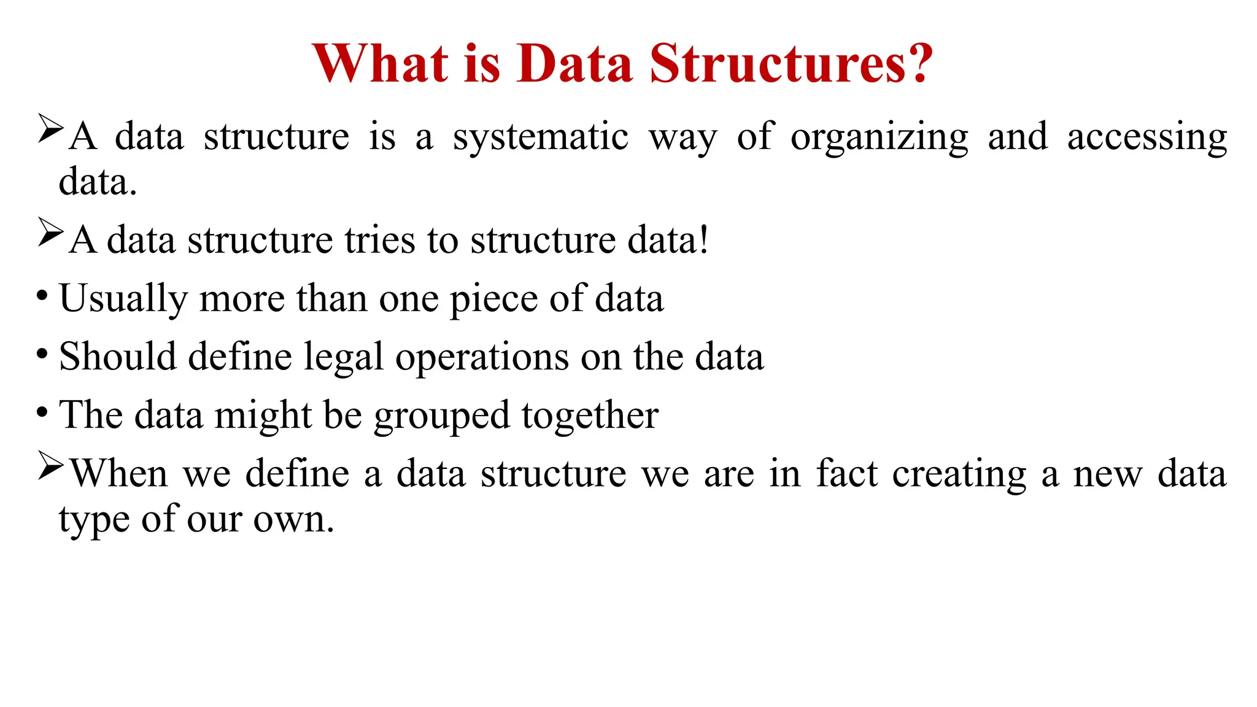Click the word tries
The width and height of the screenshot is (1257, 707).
coord(380,240)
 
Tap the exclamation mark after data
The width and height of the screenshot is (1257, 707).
coord(703,239)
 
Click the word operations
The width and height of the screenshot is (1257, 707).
coord(482,358)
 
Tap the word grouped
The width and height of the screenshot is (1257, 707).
coord(441,416)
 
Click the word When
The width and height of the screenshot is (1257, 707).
coord(118,474)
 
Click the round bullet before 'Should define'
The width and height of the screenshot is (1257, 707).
coord(42,354)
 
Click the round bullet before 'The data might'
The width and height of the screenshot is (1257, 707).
coord(42,412)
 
